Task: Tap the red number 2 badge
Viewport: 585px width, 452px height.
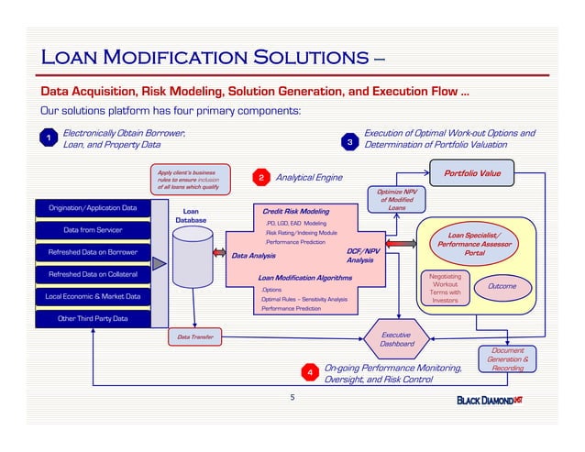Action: pos(261,177)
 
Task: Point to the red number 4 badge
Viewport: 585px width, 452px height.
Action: pos(311,372)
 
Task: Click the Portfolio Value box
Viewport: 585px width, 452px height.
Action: pos(472,172)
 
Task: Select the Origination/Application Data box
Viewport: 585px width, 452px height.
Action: pos(93,208)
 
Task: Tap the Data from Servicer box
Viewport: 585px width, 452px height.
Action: pos(93,230)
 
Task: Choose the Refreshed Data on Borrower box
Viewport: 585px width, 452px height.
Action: pos(93,252)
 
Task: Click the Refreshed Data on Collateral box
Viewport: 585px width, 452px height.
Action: pos(93,274)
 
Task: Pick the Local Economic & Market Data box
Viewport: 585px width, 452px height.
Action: pos(93,296)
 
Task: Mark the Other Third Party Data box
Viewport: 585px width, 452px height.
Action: pos(93,318)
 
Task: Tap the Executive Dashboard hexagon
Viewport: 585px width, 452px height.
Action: pos(398,339)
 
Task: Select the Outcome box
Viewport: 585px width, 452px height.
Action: pos(502,287)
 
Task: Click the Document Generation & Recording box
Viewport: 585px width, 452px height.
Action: pos(507,358)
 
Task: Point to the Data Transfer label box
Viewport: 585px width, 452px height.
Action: pos(195,337)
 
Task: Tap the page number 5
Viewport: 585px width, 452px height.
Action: pos(292,397)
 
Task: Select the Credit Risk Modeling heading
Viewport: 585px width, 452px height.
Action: pos(295,211)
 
